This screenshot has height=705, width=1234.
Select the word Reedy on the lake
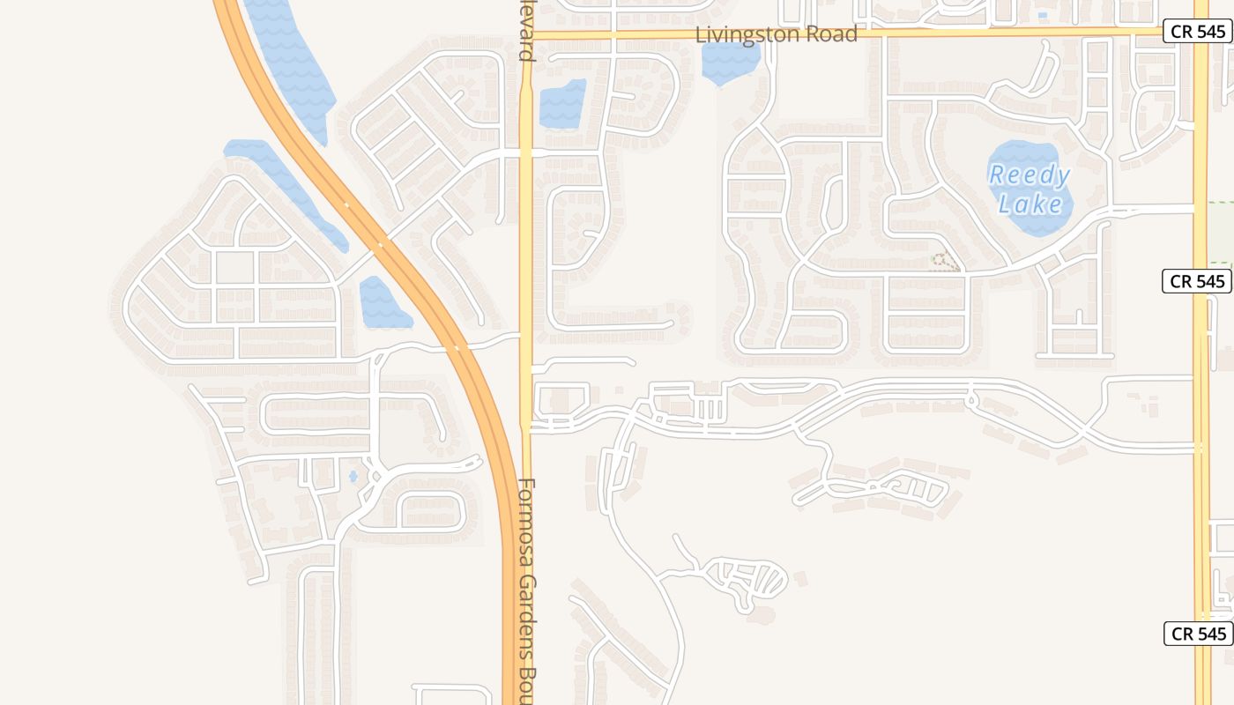tap(1029, 175)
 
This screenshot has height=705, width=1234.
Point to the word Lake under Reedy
tap(1030, 204)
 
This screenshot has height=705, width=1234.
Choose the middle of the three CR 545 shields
tap(1198, 281)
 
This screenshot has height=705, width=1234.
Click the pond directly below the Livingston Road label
tap(731, 62)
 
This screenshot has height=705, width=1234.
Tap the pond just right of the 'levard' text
tap(561, 104)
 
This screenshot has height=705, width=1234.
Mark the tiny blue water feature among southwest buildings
tap(353, 476)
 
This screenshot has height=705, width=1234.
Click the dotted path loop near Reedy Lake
tap(945, 262)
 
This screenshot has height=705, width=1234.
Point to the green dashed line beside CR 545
tap(1221, 234)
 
